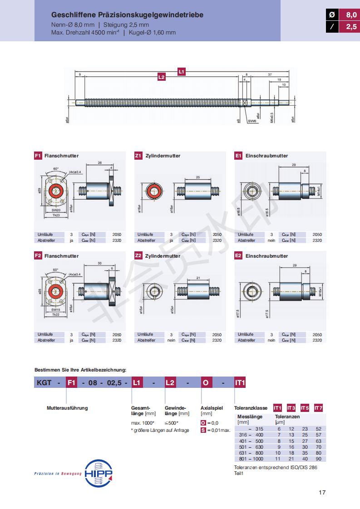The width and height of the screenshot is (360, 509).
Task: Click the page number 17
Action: (322, 492)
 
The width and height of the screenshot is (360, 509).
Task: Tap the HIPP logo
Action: (99, 473)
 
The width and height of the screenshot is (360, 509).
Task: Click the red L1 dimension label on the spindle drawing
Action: (181, 71)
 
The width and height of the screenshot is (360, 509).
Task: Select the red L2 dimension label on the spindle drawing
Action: (161, 78)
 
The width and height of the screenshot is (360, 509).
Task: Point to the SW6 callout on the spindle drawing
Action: (252, 121)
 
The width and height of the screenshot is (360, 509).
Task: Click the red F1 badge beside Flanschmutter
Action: (38, 156)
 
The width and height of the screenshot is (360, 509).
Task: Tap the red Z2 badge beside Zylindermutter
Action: (138, 256)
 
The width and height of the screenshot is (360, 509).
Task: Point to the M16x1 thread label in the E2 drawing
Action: (319, 289)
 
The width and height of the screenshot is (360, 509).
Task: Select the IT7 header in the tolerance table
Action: (318, 407)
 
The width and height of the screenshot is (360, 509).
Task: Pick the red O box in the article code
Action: (206, 383)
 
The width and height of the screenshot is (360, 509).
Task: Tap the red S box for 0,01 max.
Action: (203, 430)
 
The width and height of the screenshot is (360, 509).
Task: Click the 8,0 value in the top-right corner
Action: (351, 15)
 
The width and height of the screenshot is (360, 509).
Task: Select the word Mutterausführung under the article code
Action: (67, 408)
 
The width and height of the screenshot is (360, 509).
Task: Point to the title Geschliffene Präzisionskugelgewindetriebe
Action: (127, 15)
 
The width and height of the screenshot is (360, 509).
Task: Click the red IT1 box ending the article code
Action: (240, 383)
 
